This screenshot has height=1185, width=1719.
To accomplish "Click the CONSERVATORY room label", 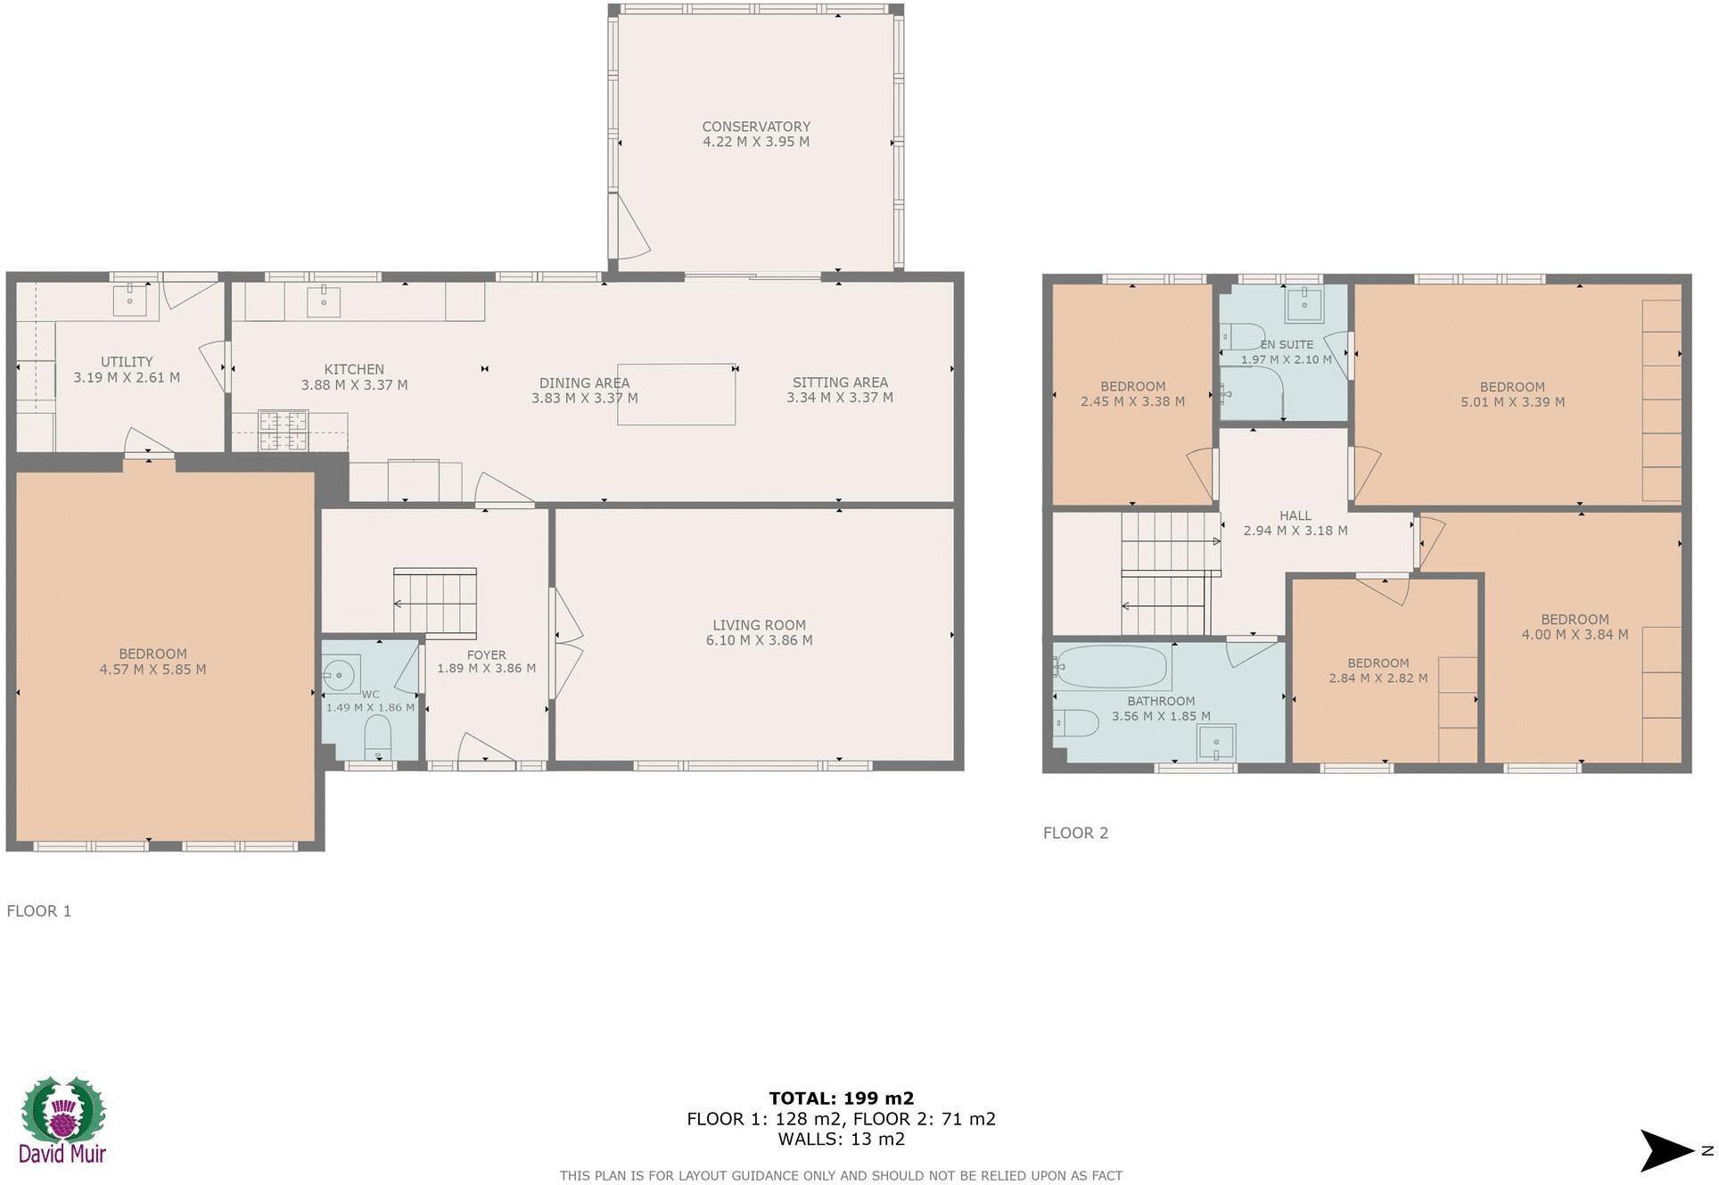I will pos(755,127).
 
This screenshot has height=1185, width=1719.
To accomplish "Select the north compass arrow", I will pos(1667,1150).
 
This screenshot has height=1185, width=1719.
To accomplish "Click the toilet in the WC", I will pos(378,739).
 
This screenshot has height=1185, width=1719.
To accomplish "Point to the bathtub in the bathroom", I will pos(1110,666).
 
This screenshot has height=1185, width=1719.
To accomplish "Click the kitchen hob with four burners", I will pos(284,431).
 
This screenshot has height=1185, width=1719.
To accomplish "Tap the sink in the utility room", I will pos(129,300).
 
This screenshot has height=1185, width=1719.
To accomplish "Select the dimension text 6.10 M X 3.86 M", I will pos(759,640).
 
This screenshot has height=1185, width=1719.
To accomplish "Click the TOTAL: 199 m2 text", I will pos(841,1099).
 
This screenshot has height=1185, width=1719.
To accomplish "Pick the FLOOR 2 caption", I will pos(1075,833).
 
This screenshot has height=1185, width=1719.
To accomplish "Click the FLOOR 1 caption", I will pos(39,910).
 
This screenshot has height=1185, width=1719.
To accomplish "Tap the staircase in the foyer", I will pos(435,604).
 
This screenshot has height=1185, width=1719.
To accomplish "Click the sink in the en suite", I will pos(1304,304).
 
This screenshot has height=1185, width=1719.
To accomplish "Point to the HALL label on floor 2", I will pos(1295,515).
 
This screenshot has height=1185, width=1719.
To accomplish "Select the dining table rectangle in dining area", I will pos(676,394).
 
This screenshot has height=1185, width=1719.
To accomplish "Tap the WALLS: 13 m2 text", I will pos(841,1139).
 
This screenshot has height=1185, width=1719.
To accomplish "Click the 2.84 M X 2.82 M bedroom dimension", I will pos(1378,679).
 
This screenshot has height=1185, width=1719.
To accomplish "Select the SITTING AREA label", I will pos(839,383).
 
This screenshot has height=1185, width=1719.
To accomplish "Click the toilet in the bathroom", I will pos(1076,721).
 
